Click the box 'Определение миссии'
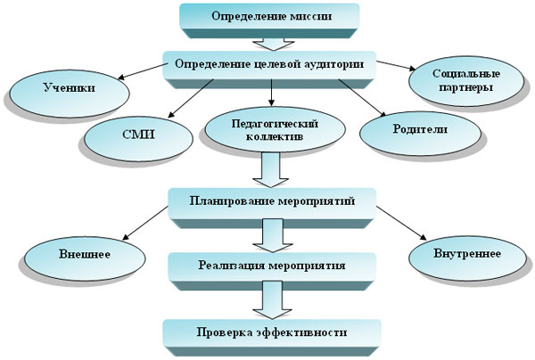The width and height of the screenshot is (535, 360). (x=269, y=17)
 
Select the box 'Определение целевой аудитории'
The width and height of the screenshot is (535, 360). (x=269, y=64)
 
